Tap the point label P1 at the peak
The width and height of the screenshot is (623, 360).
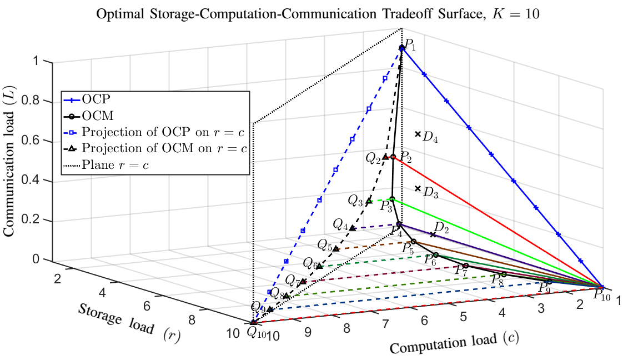coord(410,44)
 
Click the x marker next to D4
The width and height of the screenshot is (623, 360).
coord(418,134)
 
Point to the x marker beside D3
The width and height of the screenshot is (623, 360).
coord(418,188)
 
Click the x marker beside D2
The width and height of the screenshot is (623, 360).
coord(433,234)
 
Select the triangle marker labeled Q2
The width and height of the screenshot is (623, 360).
coord(385,157)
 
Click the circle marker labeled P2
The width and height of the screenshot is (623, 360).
coord(393,157)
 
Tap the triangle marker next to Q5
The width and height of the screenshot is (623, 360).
coord(335,248)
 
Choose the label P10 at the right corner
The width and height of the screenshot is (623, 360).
coord(601,295)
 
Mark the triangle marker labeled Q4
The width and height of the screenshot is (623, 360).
coord(352,228)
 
